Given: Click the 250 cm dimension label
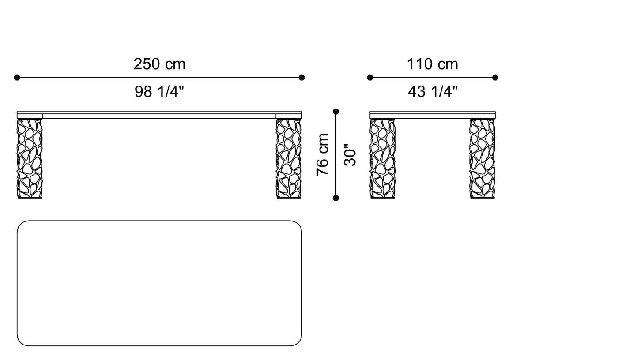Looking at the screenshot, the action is click(159, 64).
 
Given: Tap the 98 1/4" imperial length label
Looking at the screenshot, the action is click(159, 92).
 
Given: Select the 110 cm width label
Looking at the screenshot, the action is click(432, 64).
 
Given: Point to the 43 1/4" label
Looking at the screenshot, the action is click(432, 92).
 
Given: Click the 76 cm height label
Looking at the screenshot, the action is click(323, 154).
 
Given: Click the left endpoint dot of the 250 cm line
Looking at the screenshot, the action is click(17, 78).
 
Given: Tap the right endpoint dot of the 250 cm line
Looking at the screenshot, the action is click(301, 78).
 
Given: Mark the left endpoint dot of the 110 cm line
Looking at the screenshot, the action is click(370, 78).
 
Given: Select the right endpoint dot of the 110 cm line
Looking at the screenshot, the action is click(495, 78).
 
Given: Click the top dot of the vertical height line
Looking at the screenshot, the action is click(336, 112).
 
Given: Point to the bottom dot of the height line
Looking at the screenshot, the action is click(336, 198).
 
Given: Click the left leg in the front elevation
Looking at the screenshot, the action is click(30, 158).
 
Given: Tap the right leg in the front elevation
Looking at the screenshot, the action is click(289, 158).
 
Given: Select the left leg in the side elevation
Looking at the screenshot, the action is click(382, 158).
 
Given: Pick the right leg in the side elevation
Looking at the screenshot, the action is click(482, 158).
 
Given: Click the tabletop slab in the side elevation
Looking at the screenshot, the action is click(433, 115).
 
